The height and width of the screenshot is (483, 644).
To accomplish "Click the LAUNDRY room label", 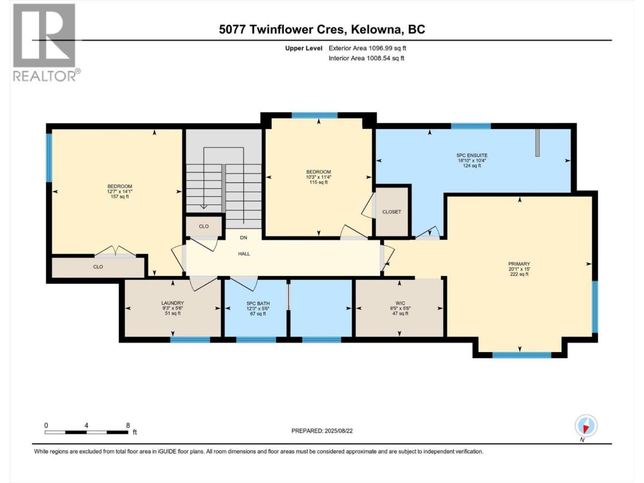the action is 173,303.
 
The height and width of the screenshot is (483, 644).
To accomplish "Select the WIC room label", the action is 400,303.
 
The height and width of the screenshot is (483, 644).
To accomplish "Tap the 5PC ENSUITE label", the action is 472,155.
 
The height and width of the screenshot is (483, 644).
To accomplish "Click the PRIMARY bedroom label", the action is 519,264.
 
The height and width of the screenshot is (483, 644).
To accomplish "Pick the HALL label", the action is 244,254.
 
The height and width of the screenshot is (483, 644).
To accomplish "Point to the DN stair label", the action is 244,237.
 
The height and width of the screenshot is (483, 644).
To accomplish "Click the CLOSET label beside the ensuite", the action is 391,212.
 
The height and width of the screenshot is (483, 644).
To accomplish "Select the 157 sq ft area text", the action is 120,197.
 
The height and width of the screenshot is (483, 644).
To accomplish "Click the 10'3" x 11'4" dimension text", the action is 318,177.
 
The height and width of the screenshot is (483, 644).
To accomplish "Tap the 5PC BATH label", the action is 258,303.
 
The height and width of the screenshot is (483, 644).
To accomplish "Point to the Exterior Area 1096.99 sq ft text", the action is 367,48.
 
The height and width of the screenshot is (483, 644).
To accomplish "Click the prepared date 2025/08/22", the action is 338,431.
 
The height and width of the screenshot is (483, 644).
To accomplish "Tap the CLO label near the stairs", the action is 204,226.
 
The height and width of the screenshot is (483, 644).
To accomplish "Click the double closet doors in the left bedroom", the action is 115,252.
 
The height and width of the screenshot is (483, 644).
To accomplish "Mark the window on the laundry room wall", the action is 190,340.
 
